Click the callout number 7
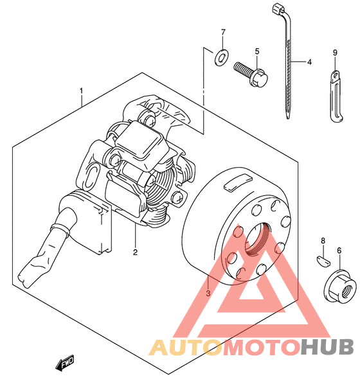point(223,32)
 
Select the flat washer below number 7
point(222,58)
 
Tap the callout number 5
point(257,51)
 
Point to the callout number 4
point(309,62)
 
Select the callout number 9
point(335,53)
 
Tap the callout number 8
point(323,240)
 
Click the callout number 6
point(339,251)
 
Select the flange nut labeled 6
point(341,286)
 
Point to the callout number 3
point(208,293)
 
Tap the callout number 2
point(135,252)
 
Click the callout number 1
point(81,91)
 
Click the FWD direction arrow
point(65,363)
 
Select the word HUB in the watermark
point(327,347)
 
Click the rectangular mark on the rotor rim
point(237,182)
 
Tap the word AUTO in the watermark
point(186,347)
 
